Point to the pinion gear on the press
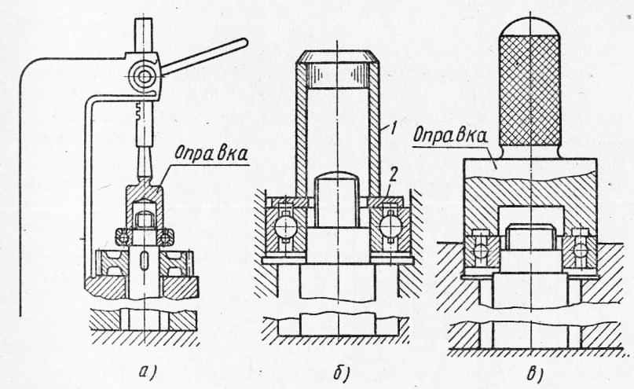pos(144,76)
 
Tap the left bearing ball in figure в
pos(478,250)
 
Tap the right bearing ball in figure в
pos(580,250)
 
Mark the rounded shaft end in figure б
pos(336,185)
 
